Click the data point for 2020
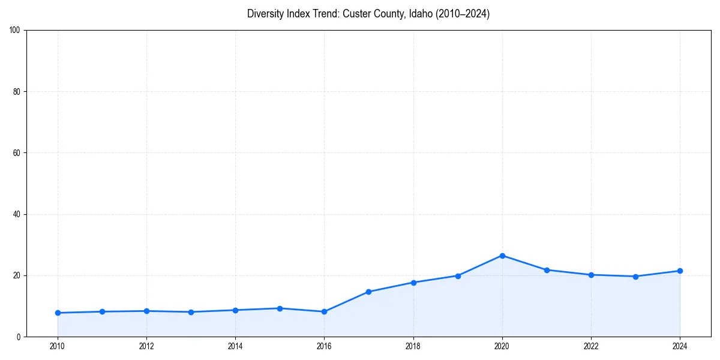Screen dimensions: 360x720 click(502, 256)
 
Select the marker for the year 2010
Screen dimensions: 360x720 click(58, 313)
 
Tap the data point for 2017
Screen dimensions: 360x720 click(368, 292)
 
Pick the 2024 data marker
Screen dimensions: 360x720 click(680, 271)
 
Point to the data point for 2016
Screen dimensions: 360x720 click(324, 311)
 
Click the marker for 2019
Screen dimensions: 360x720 click(458, 276)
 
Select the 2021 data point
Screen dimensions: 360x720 click(547, 270)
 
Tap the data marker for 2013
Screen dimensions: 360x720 click(191, 312)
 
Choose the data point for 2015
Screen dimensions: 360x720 click(280, 308)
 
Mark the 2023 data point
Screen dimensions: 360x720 click(635, 277)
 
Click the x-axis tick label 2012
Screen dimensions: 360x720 click(146, 346)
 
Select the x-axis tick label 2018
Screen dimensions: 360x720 click(413, 346)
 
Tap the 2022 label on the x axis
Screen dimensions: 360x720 click(591, 346)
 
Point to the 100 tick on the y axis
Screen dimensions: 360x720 click(16, 31)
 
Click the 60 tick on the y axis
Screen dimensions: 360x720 click(17, 153)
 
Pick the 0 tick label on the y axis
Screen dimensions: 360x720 click(19, 337)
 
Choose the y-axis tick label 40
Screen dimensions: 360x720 click(17, 214)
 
